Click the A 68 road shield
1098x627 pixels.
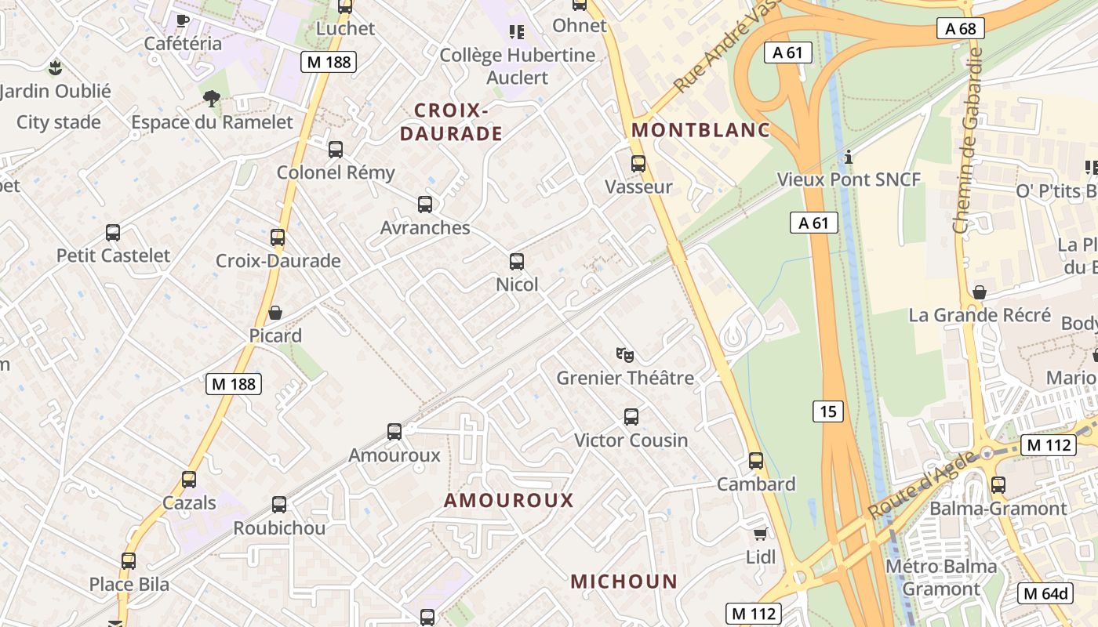coord(961,29)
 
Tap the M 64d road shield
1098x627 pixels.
coord(1045,593)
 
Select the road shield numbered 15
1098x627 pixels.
coord(828,411)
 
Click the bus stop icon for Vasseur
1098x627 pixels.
coord(638,164)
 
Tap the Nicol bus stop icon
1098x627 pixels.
coord(516,262)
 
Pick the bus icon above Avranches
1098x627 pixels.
coord(424,205)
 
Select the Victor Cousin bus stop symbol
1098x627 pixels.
coord(631,417)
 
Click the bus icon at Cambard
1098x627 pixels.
coord(755,461)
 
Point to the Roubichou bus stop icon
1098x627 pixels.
coord(278,505)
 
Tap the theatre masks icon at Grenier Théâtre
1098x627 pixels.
coord(624,355)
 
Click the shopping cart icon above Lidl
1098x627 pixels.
coord(759,535)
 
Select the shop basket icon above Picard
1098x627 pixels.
coord(275,313)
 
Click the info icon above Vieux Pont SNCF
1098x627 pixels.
coord(848,157)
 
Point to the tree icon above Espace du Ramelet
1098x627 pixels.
coord(211,98)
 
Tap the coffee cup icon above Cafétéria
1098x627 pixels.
coord(182,20)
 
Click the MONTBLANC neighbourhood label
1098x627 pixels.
coord(701,130)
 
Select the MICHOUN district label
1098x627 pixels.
coord(624,582)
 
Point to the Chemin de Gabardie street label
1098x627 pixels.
coord(966,140)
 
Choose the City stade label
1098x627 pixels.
coord(59,122)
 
